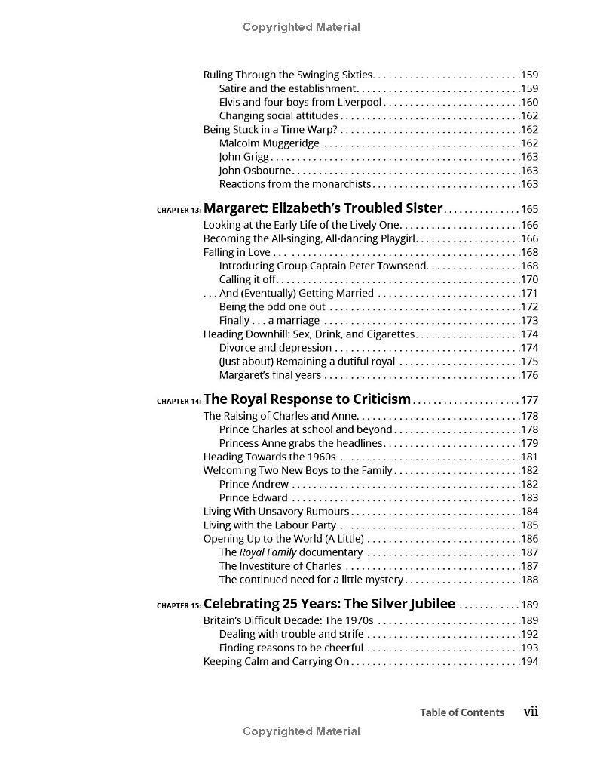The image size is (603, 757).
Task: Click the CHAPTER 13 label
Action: (x=179, y=211)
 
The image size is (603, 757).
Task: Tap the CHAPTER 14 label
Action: (x=179, y=402)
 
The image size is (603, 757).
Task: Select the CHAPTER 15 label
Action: (x=179, y=605)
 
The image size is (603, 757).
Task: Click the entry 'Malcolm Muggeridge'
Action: (x=269, y=143)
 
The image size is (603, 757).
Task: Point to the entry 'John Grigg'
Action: (x=243, y=157)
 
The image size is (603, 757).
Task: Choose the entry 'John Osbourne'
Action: (x=255, y=171)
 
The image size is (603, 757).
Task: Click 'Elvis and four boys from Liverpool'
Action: (x=301, y=103)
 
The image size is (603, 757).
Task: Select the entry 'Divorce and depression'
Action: (x=275, y=348)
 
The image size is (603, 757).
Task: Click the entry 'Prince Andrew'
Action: (x=253, y=485)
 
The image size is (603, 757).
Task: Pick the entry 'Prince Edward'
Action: (x=253, y=498)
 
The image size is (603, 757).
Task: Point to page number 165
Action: (x=529, y=210)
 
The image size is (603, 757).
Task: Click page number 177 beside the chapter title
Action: (x=529, y=401)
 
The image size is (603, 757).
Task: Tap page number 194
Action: (x=529, y=662)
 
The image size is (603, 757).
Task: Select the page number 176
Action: (x=529, y=376)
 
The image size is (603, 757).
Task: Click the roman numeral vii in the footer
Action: (x=531, y=712)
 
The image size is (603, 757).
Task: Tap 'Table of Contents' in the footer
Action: (x=462, y=712)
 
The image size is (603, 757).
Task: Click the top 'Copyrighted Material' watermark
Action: (x=301, y=27)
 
